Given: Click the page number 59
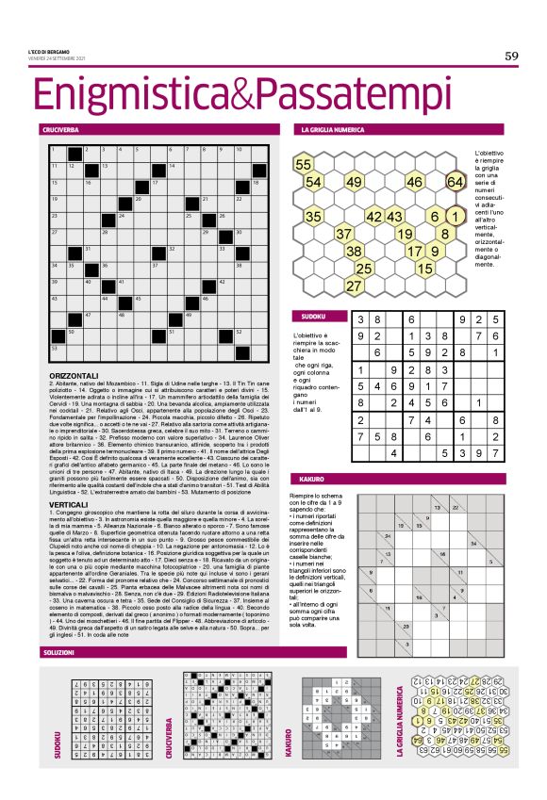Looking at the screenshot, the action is [x=511, y=57].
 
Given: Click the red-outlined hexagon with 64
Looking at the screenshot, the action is [x=455, y=181].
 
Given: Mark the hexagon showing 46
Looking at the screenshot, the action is [x=414, y=182].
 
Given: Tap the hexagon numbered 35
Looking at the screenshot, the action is [x=314, y=217].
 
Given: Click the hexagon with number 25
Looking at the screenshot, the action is [x=363, y=269].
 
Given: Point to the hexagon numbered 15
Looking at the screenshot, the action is [x=424, y=269].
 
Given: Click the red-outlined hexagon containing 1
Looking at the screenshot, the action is [x=455, y=216].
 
